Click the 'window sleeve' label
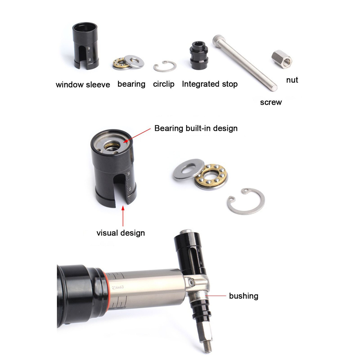(x=83, y=85)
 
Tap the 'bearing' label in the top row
(x=131, y=84)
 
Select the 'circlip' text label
(x=164, y=84)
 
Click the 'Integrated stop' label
(x=210, y=84)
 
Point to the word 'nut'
(x=292, y=80)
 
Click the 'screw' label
(x=271, y=102)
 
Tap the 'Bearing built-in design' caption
(x=196, y=128)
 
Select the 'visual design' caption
(x=121, y=233)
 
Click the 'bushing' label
(x=244, y=296)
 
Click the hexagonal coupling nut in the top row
(x=282, y=59)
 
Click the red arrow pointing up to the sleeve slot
(x=123, y=216)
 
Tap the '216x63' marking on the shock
(x=118, y=287)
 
